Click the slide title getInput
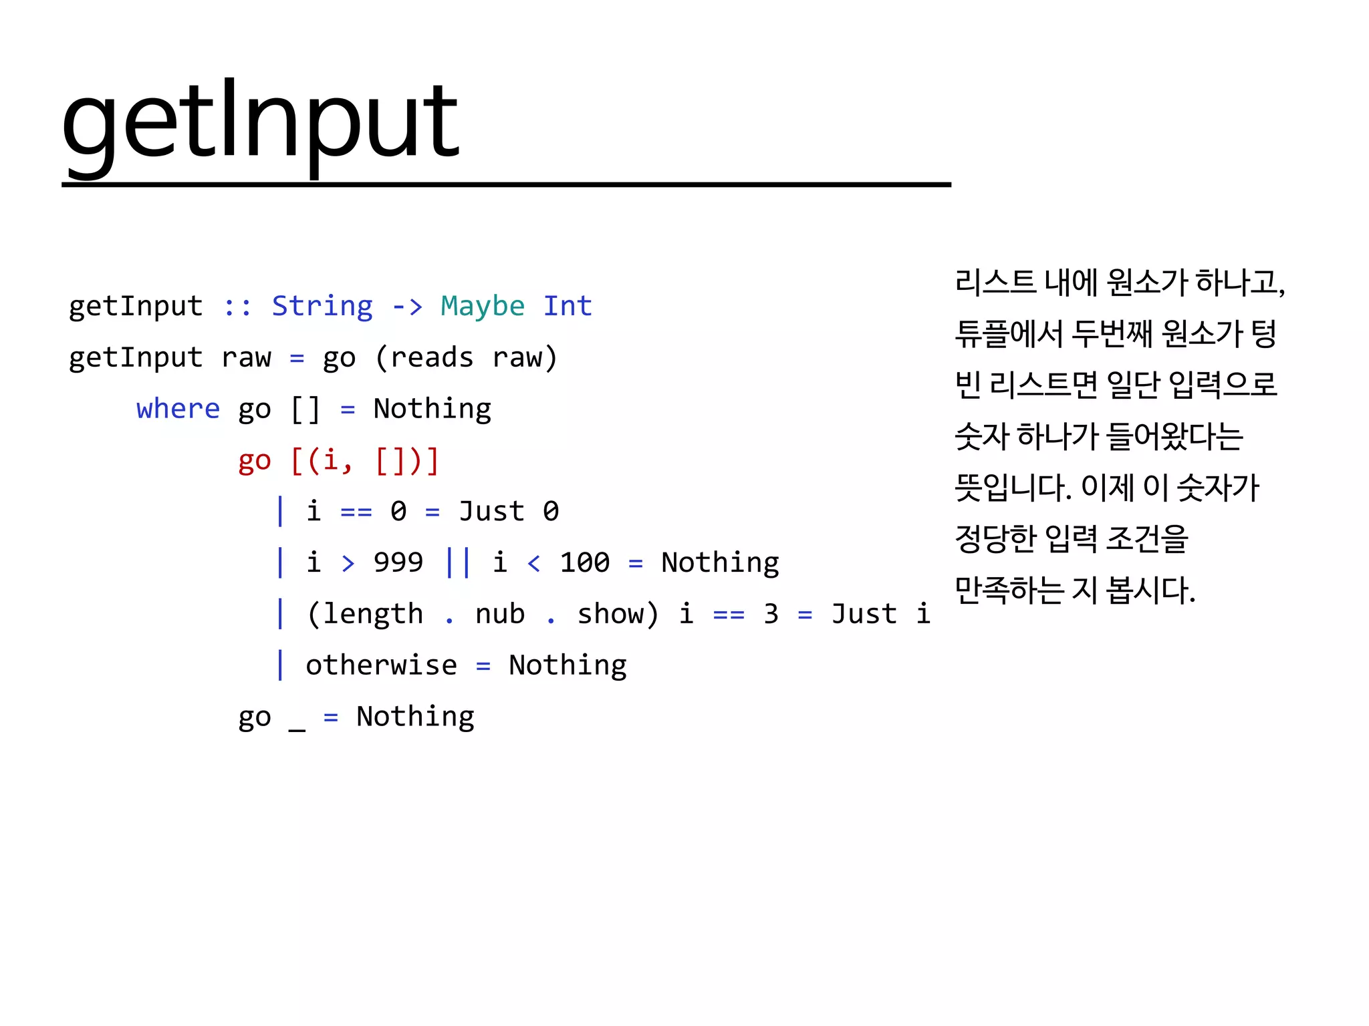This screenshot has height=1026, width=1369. click(260, 122)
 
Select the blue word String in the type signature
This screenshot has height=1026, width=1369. click(322, 306)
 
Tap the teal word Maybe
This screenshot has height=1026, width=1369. click(483, 306)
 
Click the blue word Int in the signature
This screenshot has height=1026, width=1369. click(568, 306)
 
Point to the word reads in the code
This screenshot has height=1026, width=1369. click(432, 357)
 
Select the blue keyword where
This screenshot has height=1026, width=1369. click(178, 409)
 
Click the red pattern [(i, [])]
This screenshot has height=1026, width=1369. click(365, 460)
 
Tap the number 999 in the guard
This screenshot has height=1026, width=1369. click(398, 562)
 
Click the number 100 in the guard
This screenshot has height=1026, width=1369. click(584, 562)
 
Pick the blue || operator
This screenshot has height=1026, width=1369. click(458, 562)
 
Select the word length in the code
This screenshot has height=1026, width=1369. click(373, 614)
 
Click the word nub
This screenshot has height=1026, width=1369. click(500, 614)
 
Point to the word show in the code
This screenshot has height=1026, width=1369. click(610, 614)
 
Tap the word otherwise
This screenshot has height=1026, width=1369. click(381, 665)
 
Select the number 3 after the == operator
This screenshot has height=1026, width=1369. click(771, 614)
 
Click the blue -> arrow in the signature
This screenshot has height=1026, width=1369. click(407, 306)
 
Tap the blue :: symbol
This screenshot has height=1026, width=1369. click(237, 306)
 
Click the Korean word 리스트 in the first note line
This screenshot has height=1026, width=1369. click(995, 282)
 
